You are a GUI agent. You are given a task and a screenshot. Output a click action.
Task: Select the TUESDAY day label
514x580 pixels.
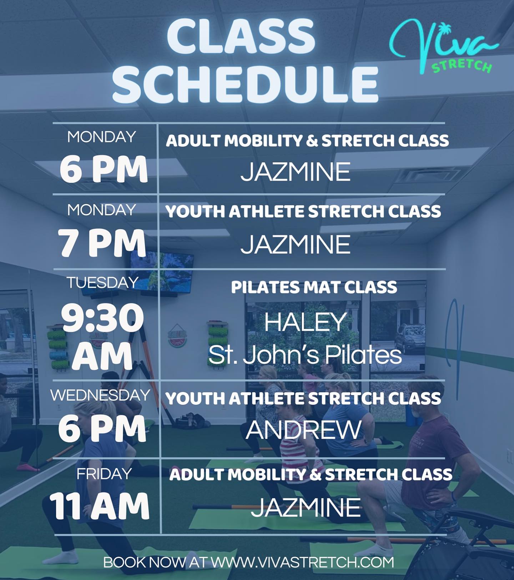[x=102, y=283]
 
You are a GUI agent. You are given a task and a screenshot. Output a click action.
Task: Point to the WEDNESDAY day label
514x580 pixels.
[x=100, y=395]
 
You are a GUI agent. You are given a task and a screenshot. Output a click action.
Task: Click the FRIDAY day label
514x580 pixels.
[x=104, y=474]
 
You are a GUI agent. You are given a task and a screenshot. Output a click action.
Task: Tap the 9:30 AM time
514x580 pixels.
[x=102, y=337]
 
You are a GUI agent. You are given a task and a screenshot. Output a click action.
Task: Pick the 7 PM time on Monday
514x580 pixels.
[x=102, y=244]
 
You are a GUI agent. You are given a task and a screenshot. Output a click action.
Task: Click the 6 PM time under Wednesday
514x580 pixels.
[x=102, y=429]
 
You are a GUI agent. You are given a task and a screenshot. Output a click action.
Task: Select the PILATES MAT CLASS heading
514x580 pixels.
[x=314, y=287]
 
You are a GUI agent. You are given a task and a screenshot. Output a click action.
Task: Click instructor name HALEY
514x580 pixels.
[x=306, y=322]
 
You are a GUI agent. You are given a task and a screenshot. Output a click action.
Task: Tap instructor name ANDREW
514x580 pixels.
[x=304, y=430]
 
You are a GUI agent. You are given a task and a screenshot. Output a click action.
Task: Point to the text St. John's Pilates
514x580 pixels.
[x=305, y=355]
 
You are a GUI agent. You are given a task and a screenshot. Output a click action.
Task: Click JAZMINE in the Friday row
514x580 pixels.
[x=306, y=507]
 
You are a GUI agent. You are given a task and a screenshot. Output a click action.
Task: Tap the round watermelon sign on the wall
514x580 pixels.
[x=177, y=336]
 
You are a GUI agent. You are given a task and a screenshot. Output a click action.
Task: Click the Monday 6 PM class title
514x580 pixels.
[x=307, y=141]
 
